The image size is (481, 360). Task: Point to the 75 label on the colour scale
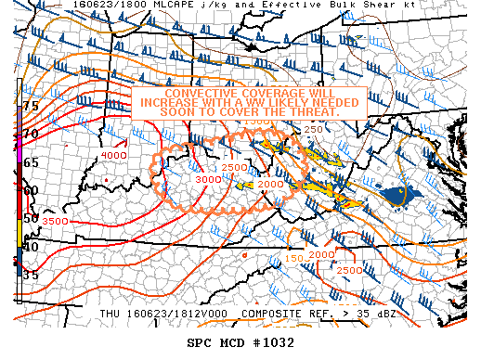31,106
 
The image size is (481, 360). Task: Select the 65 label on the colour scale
31,162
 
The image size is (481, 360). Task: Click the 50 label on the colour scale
31,218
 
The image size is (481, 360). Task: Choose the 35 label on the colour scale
31,275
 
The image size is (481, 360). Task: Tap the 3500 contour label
56,222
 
